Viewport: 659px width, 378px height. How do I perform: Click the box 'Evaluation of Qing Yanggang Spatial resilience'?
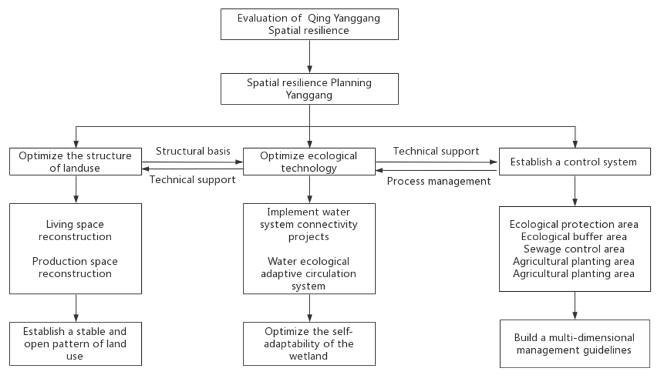[x=309, y=24]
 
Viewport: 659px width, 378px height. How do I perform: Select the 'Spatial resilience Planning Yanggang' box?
[x=309, y=89]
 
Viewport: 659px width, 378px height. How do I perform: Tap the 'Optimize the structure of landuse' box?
[x=75, y=162]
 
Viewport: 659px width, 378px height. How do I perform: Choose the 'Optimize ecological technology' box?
[x=309, y=162]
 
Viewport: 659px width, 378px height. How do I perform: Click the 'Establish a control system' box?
[x=575, y=162]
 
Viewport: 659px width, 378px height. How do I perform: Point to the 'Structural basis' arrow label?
[x=193, y=151]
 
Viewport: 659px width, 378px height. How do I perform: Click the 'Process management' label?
[x=439, y=181]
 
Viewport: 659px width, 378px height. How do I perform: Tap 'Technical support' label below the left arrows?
[x=192, y=180]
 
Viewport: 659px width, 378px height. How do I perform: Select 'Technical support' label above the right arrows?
[x=436, y=151]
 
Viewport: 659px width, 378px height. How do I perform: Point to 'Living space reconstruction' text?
[x=75, y=231]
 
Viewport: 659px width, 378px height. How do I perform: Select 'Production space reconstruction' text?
[x=75, y=267]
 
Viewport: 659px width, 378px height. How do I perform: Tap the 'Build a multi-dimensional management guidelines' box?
[x=575, y=344]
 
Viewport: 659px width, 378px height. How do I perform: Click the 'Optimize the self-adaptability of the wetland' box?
[x=309, y=344]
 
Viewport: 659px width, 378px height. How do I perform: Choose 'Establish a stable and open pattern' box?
[x=75, y=344]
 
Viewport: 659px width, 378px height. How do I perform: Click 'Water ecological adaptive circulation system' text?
[x=308, y=274]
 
